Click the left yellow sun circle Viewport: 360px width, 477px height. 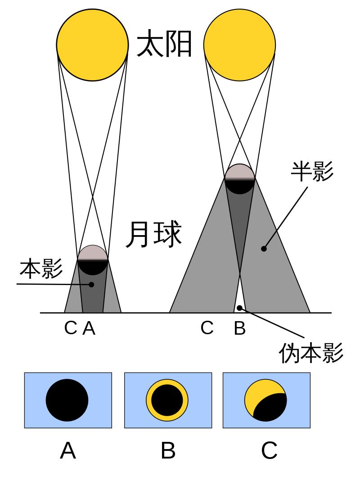(x=92, y=45)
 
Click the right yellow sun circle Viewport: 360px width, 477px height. (x=239, y=45)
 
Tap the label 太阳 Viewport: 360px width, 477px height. (x=165, y=44)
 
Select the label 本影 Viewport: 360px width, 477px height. (x=40, y=269)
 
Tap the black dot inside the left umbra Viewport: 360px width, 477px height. (x=92, y=284)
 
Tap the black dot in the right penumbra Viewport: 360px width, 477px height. (x=264, y=248)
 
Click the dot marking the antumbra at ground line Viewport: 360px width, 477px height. (x=240, y=308)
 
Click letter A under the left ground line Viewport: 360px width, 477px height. (x=90, y=328)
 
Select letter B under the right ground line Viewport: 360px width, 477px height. (x=240, y=328)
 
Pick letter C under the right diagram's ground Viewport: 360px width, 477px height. (x=207, y=328)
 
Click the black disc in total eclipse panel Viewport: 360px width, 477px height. (x=67, y=400)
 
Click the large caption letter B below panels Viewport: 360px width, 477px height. (x=168, y=450)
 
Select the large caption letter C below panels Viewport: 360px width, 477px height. (x=269, y=450)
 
